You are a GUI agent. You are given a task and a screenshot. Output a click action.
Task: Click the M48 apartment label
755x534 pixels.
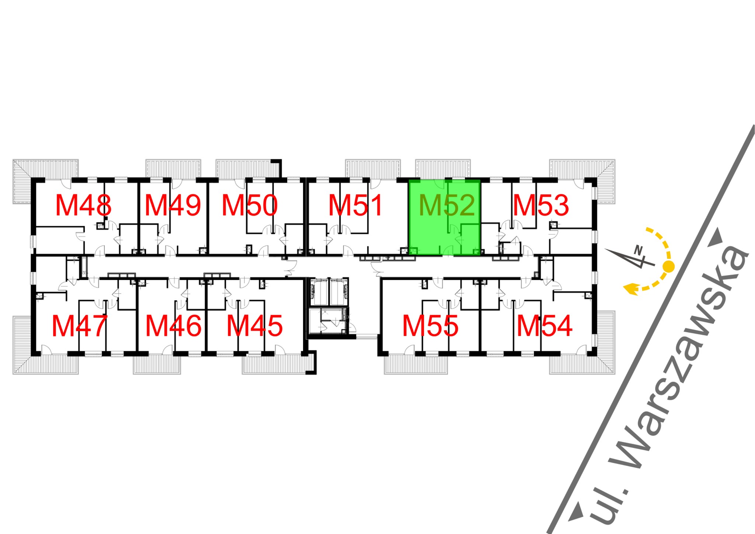pos(83,205)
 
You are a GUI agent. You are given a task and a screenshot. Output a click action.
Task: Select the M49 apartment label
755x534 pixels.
pos(173,205)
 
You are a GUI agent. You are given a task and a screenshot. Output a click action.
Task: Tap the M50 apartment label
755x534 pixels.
pos(250,205)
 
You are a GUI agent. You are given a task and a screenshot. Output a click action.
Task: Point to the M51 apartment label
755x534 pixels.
pos(355,205)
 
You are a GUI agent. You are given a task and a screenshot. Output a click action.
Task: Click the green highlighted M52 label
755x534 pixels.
pos(447,205)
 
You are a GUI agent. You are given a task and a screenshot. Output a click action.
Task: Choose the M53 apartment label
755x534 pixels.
pos(541,205)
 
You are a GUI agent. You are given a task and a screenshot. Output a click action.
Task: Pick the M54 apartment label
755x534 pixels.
pos(544,326)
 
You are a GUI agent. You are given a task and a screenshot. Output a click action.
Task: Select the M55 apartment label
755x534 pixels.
pos(430,326)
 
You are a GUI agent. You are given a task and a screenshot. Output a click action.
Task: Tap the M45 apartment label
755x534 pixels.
pos(254,326)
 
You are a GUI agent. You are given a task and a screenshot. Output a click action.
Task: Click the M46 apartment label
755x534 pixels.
pos(173,326)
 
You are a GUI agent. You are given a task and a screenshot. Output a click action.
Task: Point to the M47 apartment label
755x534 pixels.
pos(80,326)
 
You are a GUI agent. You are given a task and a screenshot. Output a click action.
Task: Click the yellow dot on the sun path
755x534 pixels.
pos(668,266)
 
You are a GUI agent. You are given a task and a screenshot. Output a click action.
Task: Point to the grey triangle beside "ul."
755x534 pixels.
pos(577,512)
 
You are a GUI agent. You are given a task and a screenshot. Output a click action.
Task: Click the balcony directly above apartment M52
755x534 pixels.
pos(443,169)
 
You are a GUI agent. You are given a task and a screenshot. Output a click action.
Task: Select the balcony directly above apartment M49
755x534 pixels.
pos(173,169)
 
